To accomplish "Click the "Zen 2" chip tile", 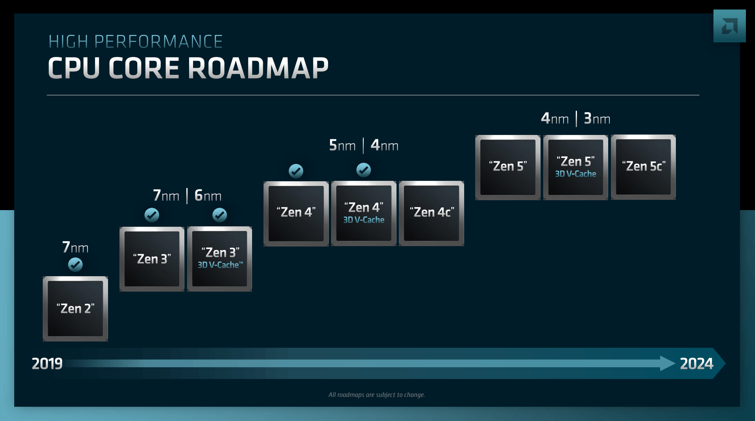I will point(75,309).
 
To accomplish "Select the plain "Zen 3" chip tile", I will point(152,259).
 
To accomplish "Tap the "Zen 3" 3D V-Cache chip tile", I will point(220,259).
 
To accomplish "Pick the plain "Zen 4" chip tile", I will point(296,213).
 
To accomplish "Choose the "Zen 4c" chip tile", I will point(431,213).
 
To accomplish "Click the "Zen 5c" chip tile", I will point(643,167).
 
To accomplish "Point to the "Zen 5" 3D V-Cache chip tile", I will point(576,167).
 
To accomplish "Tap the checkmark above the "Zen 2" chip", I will point(75,264).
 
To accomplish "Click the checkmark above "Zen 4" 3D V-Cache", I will point(364,170).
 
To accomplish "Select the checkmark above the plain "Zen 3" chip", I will point(152,215).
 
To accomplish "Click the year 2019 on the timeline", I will point(47,364).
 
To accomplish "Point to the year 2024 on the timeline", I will point(696,364).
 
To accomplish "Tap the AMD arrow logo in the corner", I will point(729,26).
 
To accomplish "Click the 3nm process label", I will point(597,119).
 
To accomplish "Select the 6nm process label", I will point(208,196).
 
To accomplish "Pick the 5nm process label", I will point(342,146).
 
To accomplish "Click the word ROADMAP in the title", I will point(258,68).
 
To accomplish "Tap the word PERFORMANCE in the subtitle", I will point(158,42).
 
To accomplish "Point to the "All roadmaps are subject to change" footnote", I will point(377,394).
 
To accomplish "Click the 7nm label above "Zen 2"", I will point(75,247).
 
